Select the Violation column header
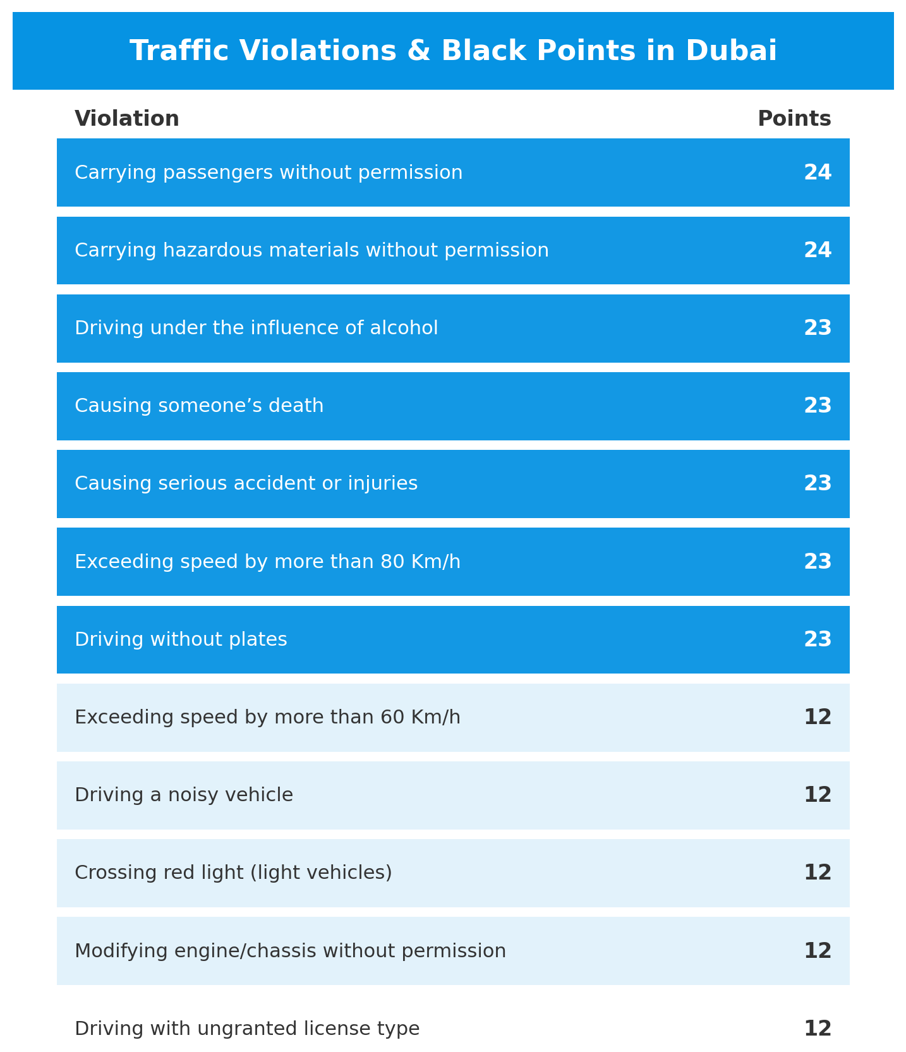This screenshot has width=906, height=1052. [x=127, y=119]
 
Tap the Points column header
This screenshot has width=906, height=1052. [x=794, y=119]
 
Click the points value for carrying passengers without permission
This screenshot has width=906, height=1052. [x=818, y=172]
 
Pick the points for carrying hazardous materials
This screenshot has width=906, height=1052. [x=818, y=250]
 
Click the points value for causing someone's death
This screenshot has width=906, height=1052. [x=818, y=406]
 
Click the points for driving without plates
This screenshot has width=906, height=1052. [x=818, y=639]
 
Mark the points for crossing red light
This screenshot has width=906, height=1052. [x=818, y=873]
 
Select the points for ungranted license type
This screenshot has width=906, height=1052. [x=818, y=1029]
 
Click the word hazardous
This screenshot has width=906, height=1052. [x=207, y=250]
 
